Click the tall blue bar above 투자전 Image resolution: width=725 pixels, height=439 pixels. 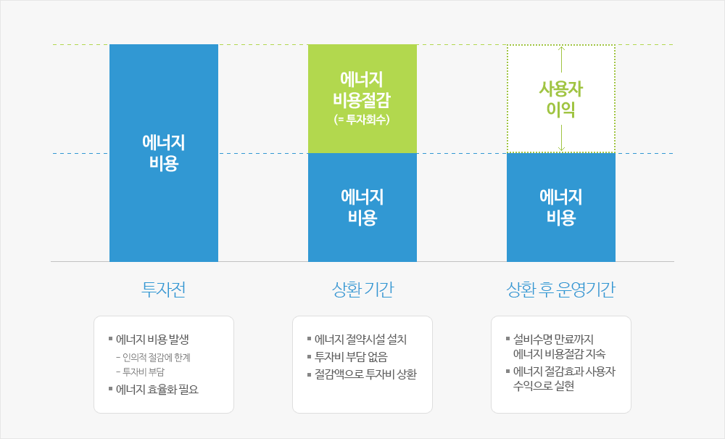(x=164, y=153)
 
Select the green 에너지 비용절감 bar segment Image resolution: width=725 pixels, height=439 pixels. (x=362, y=99)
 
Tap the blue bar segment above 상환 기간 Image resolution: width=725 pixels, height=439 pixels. (x=362, y=208)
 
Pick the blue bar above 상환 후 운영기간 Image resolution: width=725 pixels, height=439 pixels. (x=561, y=208)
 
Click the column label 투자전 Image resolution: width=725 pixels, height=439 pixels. (x=164, y=290)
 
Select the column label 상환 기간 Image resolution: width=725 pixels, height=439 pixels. (x=362, y=290)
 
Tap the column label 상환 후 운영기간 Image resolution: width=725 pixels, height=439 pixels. (x=561, y=290)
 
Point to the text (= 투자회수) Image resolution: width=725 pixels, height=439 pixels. (x=362, y=120)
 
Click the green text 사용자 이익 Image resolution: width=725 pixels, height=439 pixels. (x=561, y=99)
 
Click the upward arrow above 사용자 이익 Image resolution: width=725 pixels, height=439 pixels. (x=561, y=60)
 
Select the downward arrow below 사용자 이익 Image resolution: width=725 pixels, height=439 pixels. (x=561, y=139)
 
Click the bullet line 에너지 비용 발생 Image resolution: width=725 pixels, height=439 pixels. (x=149, y=340)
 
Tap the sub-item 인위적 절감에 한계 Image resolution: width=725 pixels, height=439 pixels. (x=154, y=358)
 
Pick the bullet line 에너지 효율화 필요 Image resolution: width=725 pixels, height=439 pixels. (x=154, y=390)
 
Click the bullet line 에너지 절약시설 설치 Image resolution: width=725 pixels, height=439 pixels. (x=357, y=340)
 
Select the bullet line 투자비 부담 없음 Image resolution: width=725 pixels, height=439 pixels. (x=347, y=357)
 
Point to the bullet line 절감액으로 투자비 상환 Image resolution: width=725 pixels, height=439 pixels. (x=362, y=374)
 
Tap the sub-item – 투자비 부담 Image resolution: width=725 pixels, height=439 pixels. (x=141, y=372)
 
